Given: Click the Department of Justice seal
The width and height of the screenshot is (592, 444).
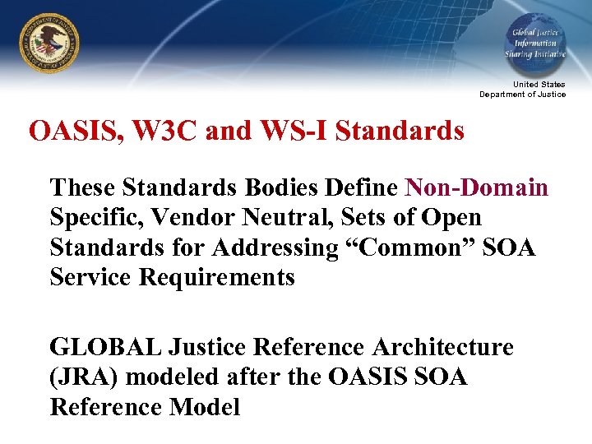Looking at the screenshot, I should tap(49, 43).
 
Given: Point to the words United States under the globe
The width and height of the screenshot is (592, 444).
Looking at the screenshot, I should tap(539, 85).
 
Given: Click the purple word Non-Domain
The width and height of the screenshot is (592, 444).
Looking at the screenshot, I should tap(477, 187).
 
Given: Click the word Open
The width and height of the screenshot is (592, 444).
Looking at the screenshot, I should tap(451, 218).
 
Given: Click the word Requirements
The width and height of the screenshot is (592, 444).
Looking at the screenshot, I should tap(217, 277).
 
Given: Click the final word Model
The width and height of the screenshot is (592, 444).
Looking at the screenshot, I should tap(206, 406).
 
